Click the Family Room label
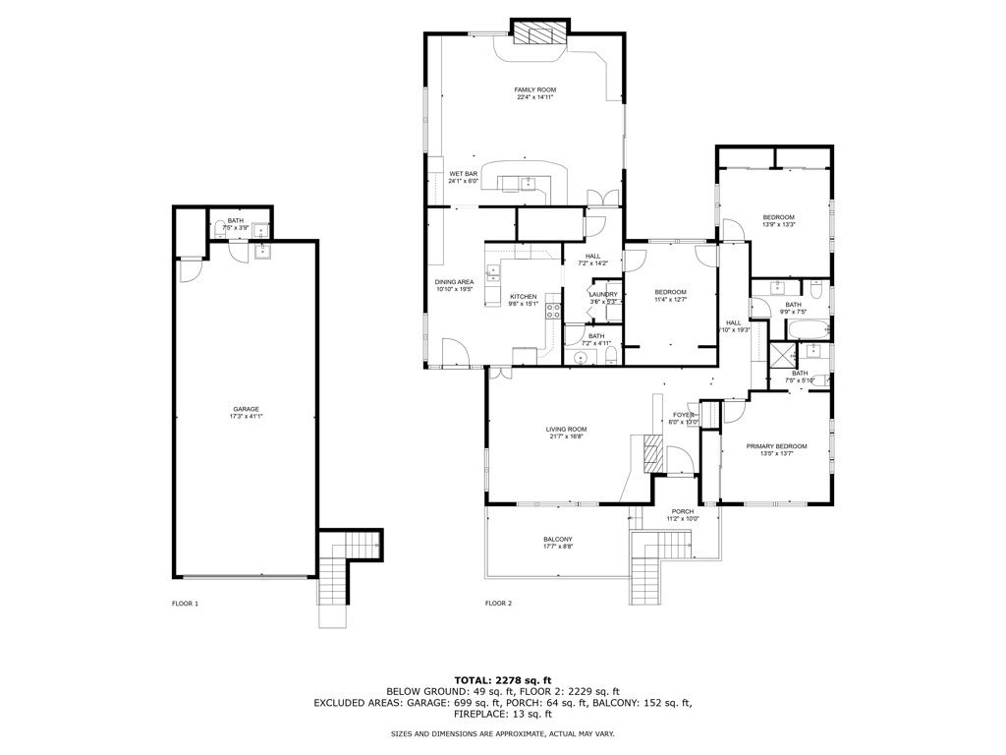coord(534,89)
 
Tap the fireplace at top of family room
coord(539,34)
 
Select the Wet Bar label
coord(463,174)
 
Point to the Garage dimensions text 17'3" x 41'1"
coord(247,416)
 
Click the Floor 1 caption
coord(185,603)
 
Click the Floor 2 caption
coord(498,603)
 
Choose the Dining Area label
coord(454,282)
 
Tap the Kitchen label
coord(523,296)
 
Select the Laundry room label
coord(603,294)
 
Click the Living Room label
coord(566,429)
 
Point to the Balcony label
coord(557,539)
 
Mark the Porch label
coord(682,511)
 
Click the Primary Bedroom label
coord(776,446)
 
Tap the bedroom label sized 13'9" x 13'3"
coord(778,217)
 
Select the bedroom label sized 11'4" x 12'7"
coord(670,292)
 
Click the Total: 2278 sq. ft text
coord(503,679)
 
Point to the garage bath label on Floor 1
coord(236,220)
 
